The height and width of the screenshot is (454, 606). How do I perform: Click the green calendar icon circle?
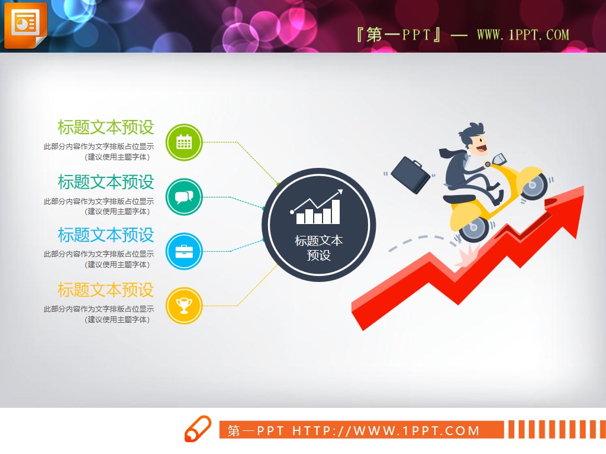[x=184, y=142]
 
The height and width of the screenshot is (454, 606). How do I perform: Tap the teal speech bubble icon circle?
[x=184, y=197]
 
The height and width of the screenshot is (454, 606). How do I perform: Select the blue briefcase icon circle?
[x=184, y=251]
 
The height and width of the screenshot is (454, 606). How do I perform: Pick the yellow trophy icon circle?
[x=184, y=306]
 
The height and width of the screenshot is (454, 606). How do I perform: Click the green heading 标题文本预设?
[x=105, y=127]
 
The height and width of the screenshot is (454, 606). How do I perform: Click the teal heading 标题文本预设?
[x=105, y=181]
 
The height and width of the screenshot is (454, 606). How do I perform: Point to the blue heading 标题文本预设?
[x=105, y=235]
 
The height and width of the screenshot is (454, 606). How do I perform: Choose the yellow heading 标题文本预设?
[x=105, y=290]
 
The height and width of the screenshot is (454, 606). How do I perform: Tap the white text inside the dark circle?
[x=318, y=248]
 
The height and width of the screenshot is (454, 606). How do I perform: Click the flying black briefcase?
[x=411, y=174]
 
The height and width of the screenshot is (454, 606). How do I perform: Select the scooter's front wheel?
[x=535, y=186]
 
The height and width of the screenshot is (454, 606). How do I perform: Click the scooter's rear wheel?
[x=474, y=228]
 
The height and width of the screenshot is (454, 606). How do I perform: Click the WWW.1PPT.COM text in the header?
[x=523, y=35]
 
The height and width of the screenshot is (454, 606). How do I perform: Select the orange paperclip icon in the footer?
[x=197, y=429]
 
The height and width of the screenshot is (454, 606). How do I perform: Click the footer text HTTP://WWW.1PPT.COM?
[x=386, y=431]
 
